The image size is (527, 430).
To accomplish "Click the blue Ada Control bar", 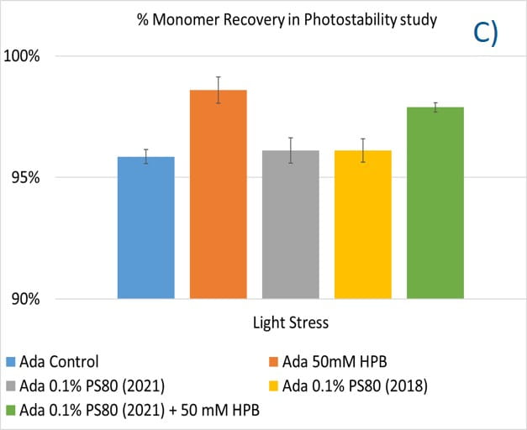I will pos(146,228).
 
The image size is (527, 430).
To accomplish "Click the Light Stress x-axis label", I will pos(290,322).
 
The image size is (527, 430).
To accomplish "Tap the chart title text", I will pos(287,18).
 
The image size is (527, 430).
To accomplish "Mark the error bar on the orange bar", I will pos(219,89).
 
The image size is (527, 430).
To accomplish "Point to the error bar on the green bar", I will pos(435,107).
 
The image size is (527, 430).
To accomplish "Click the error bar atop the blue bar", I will pos(146,156).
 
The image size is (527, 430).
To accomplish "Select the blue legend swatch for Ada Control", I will pos(11,363).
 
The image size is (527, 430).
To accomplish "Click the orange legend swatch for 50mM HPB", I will pos(271,363).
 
